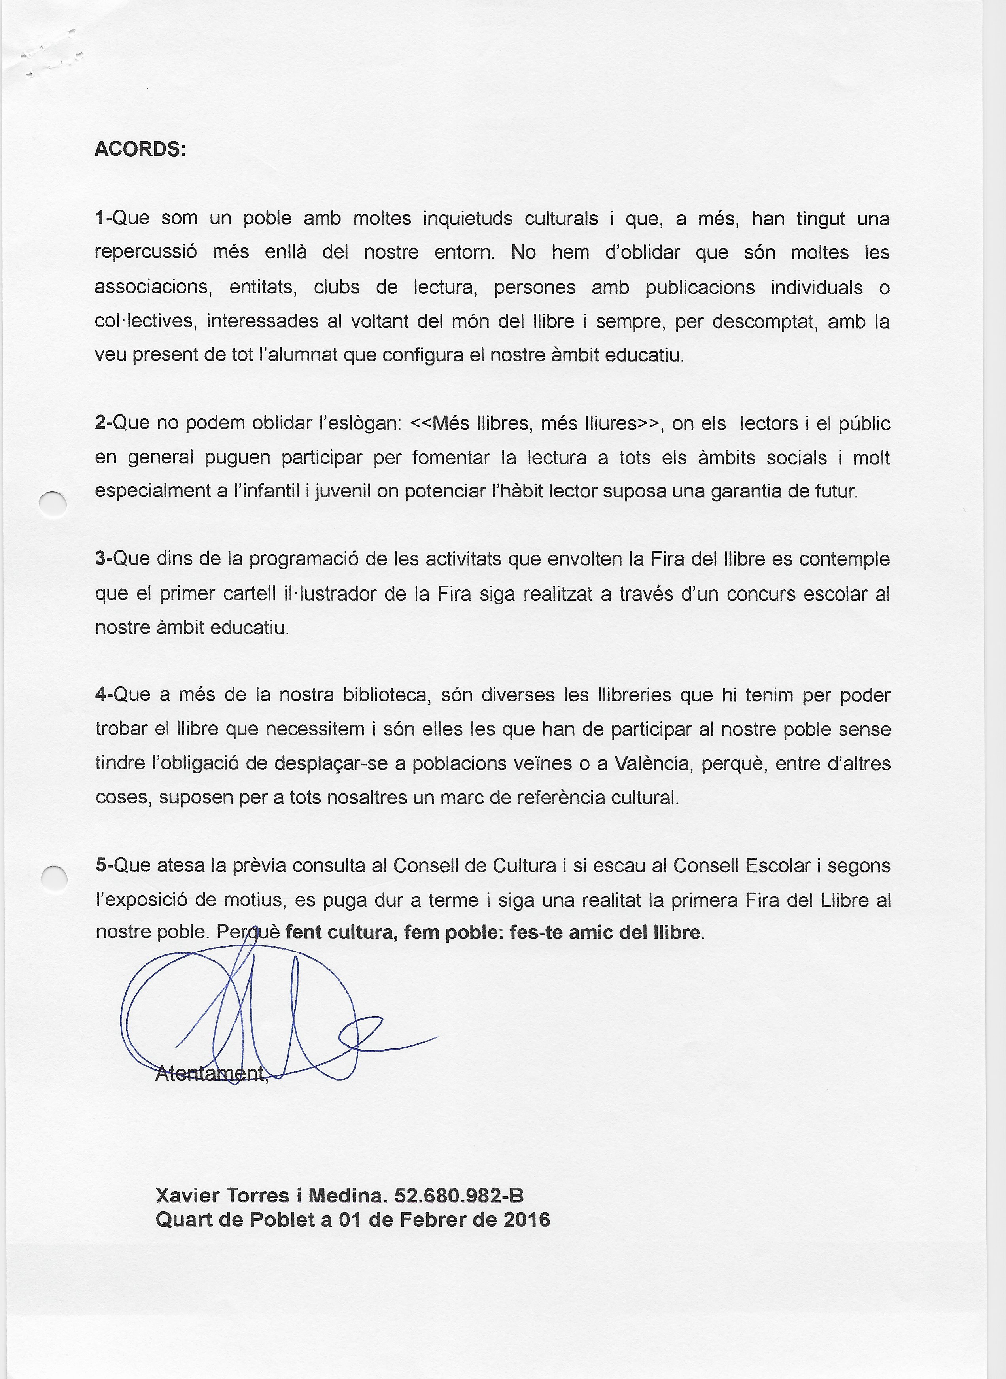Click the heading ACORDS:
click(x=140, y=149)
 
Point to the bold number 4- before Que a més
click(x=104, y=695)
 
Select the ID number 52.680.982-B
click(x=459, y=1195)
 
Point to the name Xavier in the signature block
click(x=187, y=1195)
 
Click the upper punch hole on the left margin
click(x=53, y=504)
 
